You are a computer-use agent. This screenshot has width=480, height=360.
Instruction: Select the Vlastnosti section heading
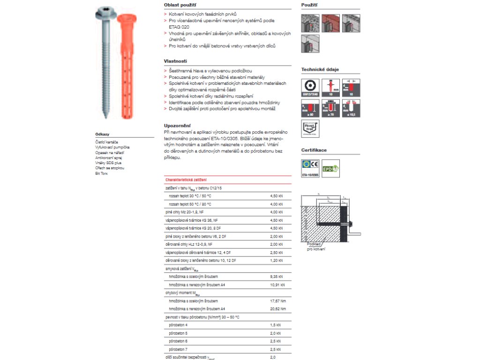(175, 61)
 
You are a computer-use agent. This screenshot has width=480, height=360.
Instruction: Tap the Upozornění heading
(177, 125)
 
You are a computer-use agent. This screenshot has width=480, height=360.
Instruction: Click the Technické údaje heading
(320, 69)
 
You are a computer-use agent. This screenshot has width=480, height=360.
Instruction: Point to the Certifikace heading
(314, 150)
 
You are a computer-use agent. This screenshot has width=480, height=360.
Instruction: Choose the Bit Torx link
(101, 173)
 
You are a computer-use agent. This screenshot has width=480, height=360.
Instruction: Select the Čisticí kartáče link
(106, 142)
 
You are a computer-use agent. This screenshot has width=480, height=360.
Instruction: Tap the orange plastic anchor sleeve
(127, 66)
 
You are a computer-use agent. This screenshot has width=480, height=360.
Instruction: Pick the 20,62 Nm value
(278, 309)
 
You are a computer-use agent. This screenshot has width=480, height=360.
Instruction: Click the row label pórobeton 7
(178, 349)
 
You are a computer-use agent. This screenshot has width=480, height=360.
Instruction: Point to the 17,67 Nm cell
(278, 300)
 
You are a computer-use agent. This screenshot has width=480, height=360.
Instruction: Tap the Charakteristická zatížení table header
(186, 180)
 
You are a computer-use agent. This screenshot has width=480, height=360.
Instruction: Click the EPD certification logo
(330, 167)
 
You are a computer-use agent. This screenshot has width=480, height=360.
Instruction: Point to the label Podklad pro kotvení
(315, 247)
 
